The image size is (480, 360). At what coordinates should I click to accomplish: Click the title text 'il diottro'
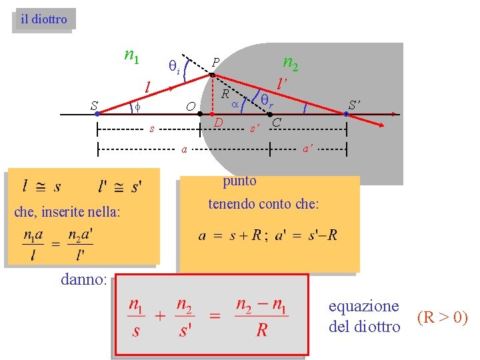[x=44, y=19]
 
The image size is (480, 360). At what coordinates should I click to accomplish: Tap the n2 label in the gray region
[x=290, y=63]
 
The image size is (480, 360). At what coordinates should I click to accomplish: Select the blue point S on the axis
[x=97, y=114]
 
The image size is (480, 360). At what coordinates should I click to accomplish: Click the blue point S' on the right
[x=347, y=114]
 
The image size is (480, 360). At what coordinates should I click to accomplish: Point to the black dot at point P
[x=212, y=75]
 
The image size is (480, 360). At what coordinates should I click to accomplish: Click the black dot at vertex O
[x=200, y=114]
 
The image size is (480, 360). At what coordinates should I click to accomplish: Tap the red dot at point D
[x=212, y=114]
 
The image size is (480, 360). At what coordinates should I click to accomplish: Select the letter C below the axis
[x=276, y=123]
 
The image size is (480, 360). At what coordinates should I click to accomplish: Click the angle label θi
[x=174, y=66]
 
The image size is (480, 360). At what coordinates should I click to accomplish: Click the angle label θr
[x=267, y=100]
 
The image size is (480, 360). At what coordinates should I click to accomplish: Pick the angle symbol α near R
[x=235, y=105]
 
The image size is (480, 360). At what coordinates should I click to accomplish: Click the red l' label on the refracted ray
[x=282, y=84]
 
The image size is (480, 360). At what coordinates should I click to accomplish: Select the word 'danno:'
[x=83, y=280]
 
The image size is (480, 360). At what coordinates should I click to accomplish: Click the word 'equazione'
[x=364, y=306]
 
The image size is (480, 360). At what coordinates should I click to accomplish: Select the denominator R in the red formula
[x=262, y=330]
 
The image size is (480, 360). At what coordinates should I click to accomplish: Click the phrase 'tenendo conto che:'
[x=263, y=204]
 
